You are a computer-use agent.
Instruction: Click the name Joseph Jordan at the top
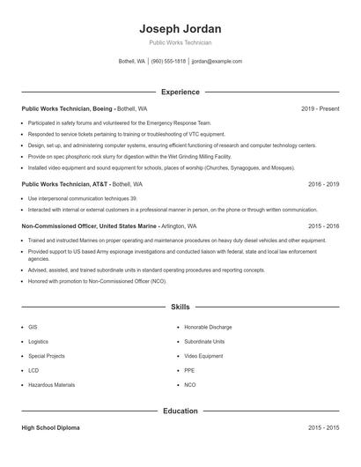[180, 28]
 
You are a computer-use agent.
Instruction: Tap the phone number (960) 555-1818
[168, 62]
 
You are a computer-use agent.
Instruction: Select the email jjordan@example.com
[217, 62]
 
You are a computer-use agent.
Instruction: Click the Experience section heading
[180, 92]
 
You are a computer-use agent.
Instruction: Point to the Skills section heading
[180, 308]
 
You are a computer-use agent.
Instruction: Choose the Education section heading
[180, 411]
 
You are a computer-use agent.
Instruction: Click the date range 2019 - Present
[320, 108]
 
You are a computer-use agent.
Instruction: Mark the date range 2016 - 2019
[323, 184]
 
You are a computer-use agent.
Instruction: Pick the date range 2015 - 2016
[323, 226]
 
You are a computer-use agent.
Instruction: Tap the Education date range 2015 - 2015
[323, 427]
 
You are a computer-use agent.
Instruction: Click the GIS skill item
[33, 326]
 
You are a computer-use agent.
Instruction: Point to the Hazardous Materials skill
[51, 385]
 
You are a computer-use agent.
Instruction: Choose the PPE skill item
[189, 371]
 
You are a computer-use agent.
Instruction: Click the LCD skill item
[33, 371]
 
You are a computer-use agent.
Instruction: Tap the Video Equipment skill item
[203, 356]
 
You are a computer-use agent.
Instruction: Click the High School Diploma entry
[51, 427]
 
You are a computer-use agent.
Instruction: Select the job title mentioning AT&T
[64, 184]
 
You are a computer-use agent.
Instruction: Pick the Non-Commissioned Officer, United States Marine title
[89, 226]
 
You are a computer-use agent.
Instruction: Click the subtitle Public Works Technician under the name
[180, 42]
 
